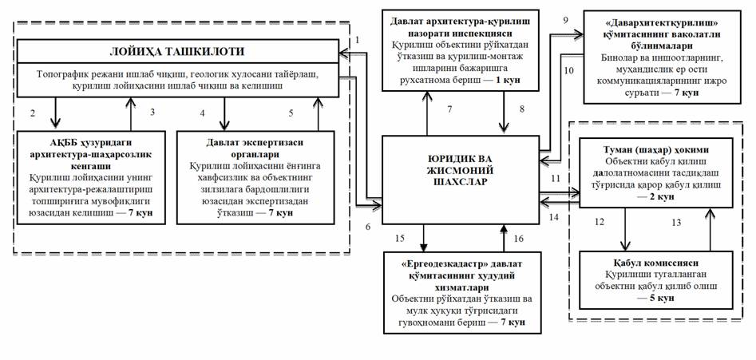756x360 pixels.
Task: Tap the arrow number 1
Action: (358, 39)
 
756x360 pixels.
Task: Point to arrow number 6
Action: (368, 227)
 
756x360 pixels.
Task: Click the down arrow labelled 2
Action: (55, 112)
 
